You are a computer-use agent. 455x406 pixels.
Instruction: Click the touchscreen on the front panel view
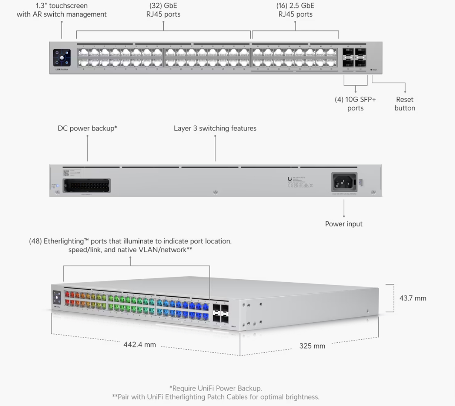coord(62,58)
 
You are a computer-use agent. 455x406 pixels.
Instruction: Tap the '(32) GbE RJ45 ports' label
coord(163,10)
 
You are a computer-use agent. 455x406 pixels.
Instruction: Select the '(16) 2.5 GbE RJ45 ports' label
coord(295,10)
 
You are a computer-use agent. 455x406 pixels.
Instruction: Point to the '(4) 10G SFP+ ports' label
coord(355,104)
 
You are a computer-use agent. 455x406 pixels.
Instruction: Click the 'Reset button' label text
coord(405,104)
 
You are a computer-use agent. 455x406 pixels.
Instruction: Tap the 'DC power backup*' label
coord(87,128)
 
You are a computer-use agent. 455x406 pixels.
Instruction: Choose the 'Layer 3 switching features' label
coord(215,128)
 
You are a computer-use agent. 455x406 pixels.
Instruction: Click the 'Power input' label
coord(344,224)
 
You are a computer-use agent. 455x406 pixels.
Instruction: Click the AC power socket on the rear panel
coord(344,182)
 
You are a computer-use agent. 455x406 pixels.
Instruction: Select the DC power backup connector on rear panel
coord(87,186)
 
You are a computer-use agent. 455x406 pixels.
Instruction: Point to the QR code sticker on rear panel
coord(66,173)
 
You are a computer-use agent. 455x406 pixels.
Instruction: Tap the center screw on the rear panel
coord(215,192)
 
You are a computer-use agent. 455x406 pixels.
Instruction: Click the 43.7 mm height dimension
coord(412,298)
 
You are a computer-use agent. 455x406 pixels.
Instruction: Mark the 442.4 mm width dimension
coord(140,345)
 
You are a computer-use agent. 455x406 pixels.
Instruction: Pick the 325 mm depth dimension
coord(312,346)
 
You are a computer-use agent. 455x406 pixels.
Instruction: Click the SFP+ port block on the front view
coord(354,58)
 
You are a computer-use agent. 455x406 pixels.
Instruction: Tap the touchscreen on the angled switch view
coord(57,297)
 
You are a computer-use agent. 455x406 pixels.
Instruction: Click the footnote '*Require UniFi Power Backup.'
coord(215,388)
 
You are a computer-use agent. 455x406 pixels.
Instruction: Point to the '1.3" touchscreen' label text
coord(61,6)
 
